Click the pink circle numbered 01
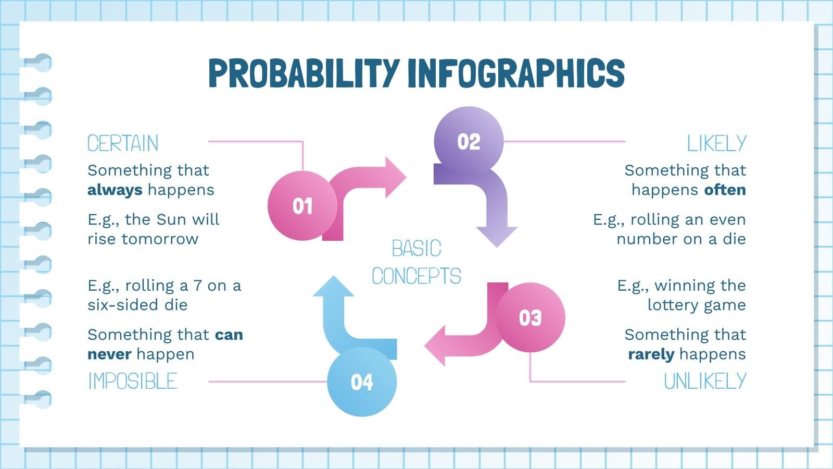(x=302, y=206)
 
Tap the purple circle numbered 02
(x=469, y=141)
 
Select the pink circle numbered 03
(x=530, y=317)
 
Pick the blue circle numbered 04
(x=362, y=382)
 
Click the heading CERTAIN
(x=123, y=143)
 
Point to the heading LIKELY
(x=716, y=143)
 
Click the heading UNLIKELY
(x=705, y=381)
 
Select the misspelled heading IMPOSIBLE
(x=132, y=381)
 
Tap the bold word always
(x=115, y=190)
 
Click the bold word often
(x=725, y=190)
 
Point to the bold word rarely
(x=651, y=354)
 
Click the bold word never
(x=109, y=354)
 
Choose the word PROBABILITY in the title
(x=304, y=73)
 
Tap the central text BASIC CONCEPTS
(x=416, y=262)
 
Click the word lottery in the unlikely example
(x=671, y=305)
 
